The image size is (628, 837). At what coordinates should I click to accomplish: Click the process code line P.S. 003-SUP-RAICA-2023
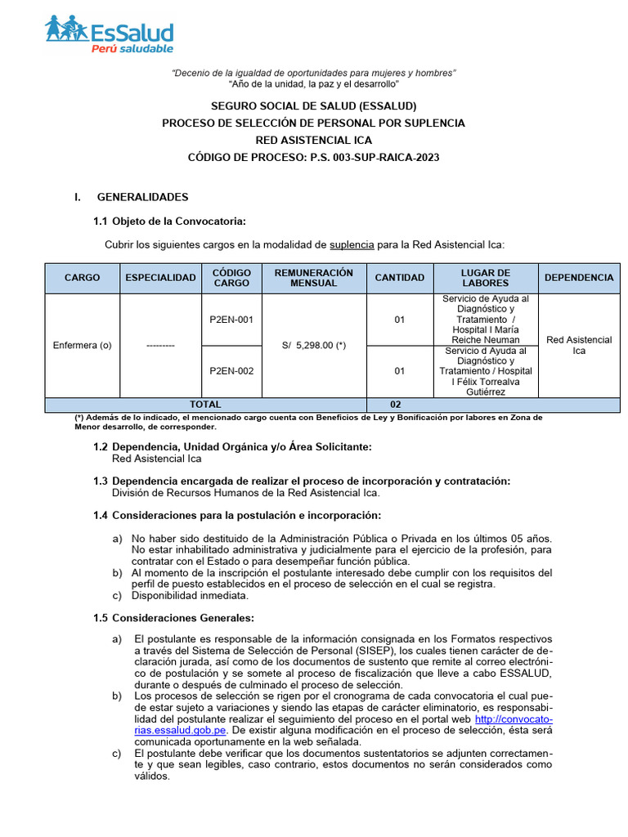pos(313,157)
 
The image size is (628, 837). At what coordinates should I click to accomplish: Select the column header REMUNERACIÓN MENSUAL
pos(313,277)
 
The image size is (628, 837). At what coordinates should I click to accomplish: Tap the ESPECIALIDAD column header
pos(160,277)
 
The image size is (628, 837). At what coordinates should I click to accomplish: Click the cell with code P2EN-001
pos(231,320)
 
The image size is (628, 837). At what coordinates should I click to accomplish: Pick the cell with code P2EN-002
pos(231,371)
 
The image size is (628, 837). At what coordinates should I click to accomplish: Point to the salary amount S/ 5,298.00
pos(314,345)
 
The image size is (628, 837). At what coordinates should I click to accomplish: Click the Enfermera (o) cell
pos(83,345)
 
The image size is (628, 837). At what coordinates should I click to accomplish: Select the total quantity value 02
pos(395,405)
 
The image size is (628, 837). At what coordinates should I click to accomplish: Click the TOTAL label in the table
pos(205,405)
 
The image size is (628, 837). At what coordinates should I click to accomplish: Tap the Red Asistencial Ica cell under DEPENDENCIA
pos(579,345)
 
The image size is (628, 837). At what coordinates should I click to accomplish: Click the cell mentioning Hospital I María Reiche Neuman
pos(486,320)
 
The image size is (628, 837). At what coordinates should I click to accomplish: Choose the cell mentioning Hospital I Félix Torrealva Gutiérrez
pos(486,371)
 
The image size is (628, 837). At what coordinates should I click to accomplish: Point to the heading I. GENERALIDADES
pos(142,197)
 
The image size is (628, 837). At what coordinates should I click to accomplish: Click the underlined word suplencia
pos(352,244)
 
